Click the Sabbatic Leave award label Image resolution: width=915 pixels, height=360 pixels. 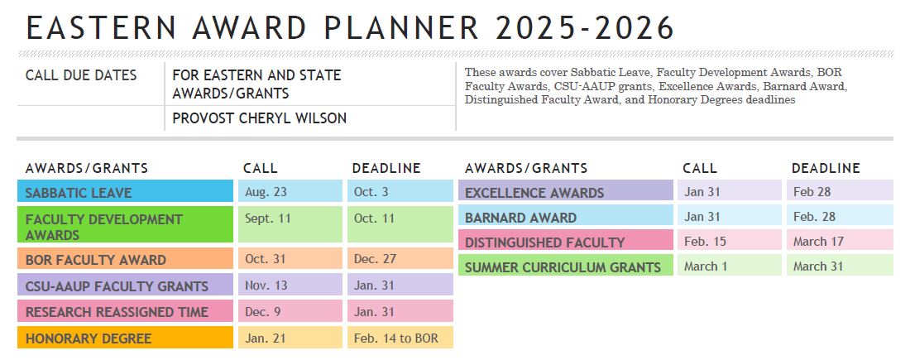[x=124, y=193]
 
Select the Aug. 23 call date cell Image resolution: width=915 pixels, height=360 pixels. [x=290, y=193]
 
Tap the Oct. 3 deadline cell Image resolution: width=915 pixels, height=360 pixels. [x=400, y=193]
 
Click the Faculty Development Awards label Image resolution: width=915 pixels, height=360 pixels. [x=124, y=226]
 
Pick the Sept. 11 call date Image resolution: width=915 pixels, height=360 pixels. [x=290, y=219]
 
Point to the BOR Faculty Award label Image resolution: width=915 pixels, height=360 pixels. [x=124, y=260]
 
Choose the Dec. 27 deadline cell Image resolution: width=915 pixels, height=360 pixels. [x=400, y=259]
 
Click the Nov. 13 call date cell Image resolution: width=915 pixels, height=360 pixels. [x=290, y=286]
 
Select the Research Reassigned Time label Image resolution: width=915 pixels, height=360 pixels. [x=124, y=312]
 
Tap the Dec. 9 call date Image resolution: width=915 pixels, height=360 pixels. [x=290, y=312]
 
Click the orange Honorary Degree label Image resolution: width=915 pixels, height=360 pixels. [x=124, y=338]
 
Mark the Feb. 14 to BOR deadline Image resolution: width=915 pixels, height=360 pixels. [x=400, y=338]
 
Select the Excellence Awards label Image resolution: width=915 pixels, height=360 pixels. [x=565, y=193]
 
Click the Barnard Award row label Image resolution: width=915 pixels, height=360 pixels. [x=565, y=218]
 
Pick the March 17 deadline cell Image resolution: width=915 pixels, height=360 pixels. [x=839, y=242]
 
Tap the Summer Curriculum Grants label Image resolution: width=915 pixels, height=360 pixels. [x=565, y=267]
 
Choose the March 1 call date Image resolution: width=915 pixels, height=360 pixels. [x=729, y=266]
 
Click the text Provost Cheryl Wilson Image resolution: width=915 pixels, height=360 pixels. [x=259, y=118]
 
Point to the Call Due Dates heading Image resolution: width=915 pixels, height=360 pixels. [x=81, y=75]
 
